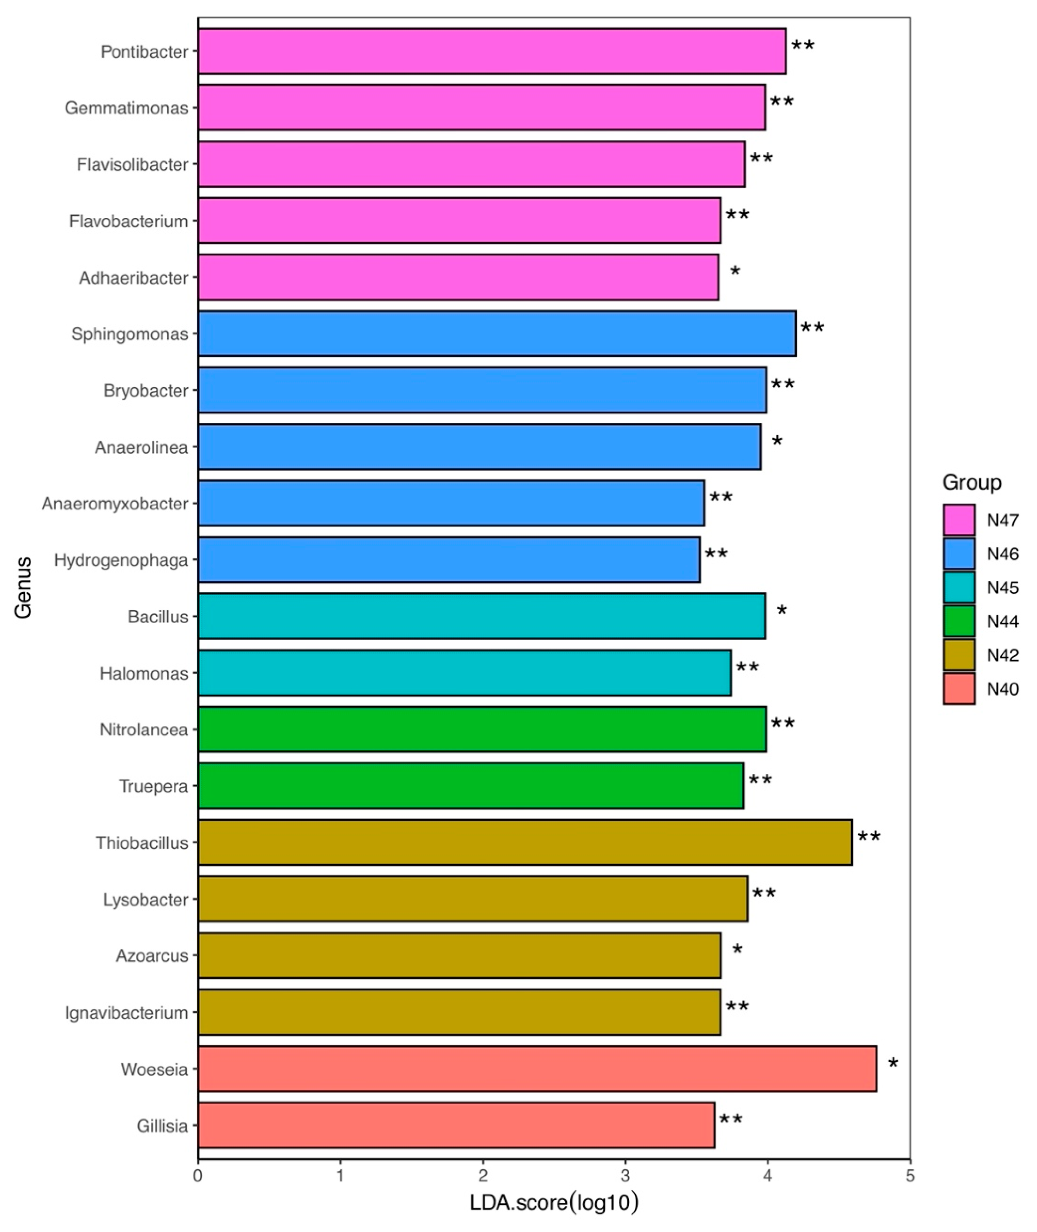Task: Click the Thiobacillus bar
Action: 525,842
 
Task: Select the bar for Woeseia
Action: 537,1069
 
